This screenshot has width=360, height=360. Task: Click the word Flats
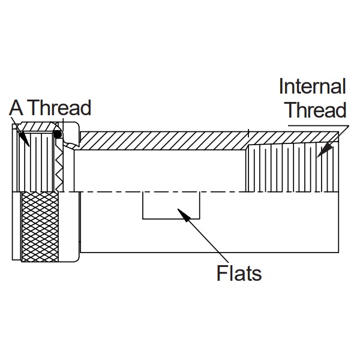pyautogui.click(x=239, y=273)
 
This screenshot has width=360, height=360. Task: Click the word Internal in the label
pyautogui.click(x=312, y=86)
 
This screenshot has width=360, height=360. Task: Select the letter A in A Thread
pyautogui.click(x=16, y=107)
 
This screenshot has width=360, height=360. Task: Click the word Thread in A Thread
pyautogui.click(x=60, y=107)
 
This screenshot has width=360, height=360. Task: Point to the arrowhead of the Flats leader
pyautogui.click(x=184, y=215)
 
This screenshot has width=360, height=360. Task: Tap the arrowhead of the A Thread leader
pyautogui.click(x=23, y=139)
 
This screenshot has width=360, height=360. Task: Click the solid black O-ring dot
pyautogui.click(x=58, y=134)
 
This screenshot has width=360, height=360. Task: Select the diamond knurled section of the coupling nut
pyautogui.click(x=40, y=227)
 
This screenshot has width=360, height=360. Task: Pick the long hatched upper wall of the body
pyautogui.click(x=206, y=140)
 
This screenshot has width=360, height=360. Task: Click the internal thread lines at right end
pyautogui.click(x=292, y=169)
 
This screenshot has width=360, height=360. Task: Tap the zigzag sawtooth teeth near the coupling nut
pyautogui.click(x=59, y=170)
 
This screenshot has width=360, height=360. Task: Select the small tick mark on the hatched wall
pyautogui.click(x=248, y=133)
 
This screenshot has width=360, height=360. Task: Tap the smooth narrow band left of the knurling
pyautogui.click(x=17, y=226)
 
